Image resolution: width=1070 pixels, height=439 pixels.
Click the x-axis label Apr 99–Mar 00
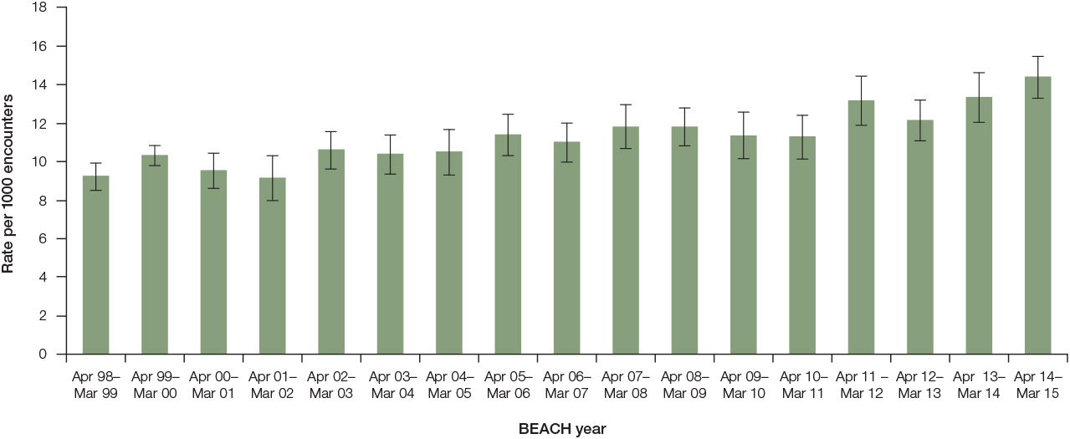[x=155, y=385]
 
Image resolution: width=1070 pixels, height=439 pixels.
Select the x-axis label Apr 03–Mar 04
[x=390, y=385]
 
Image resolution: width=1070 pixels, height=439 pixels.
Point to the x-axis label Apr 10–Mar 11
[x=802, y=385]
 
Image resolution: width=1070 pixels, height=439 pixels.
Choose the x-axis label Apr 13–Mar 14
[x=979, y=385]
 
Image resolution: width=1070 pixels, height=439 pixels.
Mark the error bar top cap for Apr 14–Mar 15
[x=1037, y=56]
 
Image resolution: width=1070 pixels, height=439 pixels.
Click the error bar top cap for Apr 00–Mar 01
[x=213, y=153]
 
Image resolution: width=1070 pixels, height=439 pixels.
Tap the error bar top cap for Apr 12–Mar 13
[x=920, y=100]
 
